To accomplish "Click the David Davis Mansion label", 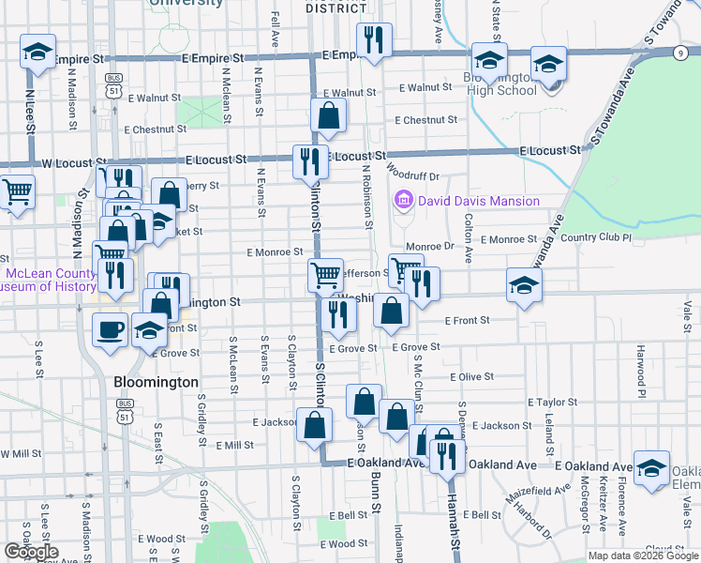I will click(x=479, y=201).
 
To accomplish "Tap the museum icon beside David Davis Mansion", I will click(x=405, y=200).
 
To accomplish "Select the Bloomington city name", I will click(x=156, y=383).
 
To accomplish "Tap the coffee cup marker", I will click(x=112, y=330).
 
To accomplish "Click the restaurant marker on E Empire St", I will click(x=373, y=40).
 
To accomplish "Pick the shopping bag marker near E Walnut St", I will click(x=329, y=117).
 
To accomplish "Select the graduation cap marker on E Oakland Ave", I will click(x=651, y=468).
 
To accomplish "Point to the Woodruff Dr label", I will click(x=412, y=175).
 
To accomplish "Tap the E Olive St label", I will click(x=471, y=376).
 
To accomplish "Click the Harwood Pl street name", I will click(x=641, y=368).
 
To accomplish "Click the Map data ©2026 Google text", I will click(x=642, y=555).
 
